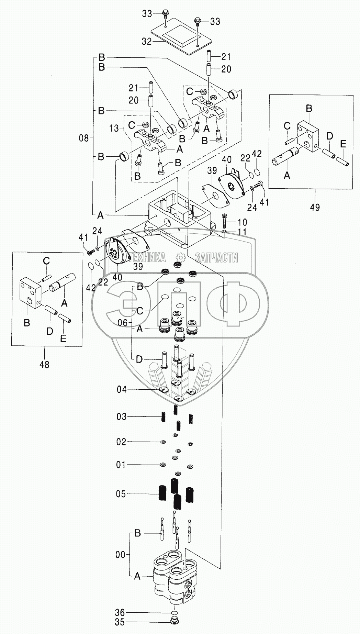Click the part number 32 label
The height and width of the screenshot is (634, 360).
(147, 42)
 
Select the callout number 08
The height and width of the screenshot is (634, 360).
(83, 138)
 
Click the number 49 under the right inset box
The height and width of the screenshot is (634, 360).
(315, 207)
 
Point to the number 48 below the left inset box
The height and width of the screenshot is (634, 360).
(44, 364)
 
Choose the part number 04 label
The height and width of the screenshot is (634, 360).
(122, 389)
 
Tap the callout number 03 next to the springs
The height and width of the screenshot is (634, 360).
(122, 417)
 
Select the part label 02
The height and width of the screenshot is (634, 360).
(122, 442)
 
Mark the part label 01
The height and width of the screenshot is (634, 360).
(122, 465)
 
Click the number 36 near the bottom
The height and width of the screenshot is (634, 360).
(121, 612)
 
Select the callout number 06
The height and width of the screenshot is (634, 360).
(123, 323)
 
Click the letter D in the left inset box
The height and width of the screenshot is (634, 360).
(50, 331)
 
